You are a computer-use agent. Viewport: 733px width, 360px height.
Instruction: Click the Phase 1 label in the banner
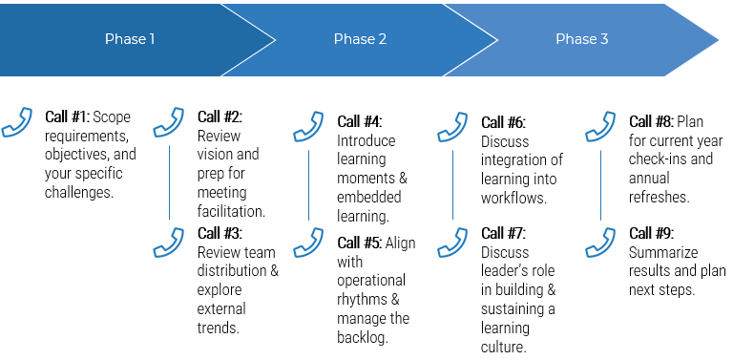click(x=130, y=39)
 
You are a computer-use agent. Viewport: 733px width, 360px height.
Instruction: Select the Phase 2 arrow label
click(x=360, y=39)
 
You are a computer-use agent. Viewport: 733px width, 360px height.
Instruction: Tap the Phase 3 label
click(x=582, y=39)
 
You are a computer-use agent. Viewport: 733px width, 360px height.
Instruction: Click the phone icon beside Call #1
click(x=17, y=123)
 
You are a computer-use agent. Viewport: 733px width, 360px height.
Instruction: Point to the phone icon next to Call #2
click(x=169, y=123)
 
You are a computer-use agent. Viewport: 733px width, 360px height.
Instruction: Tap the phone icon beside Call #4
click(x=308, y=127)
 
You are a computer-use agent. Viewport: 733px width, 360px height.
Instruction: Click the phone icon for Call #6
click(x=452, y=127)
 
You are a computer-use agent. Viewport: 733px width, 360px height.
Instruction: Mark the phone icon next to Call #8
click(x=600, y=127)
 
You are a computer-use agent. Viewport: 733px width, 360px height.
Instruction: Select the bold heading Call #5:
click(x=360, y=243)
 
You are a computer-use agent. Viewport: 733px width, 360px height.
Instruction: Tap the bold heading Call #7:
click(x=503, y=233)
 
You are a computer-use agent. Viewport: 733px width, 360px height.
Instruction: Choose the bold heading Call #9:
click(x=651, y=233)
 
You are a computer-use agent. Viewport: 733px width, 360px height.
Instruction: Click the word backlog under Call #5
click(x=362, y=337)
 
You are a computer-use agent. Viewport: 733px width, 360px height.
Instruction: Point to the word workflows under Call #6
click(x=514, y=198)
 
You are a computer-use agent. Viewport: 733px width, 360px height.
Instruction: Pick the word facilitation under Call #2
click(x=231, y=211)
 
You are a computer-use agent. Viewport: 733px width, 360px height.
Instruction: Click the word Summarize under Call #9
click(x=663, y=252)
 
